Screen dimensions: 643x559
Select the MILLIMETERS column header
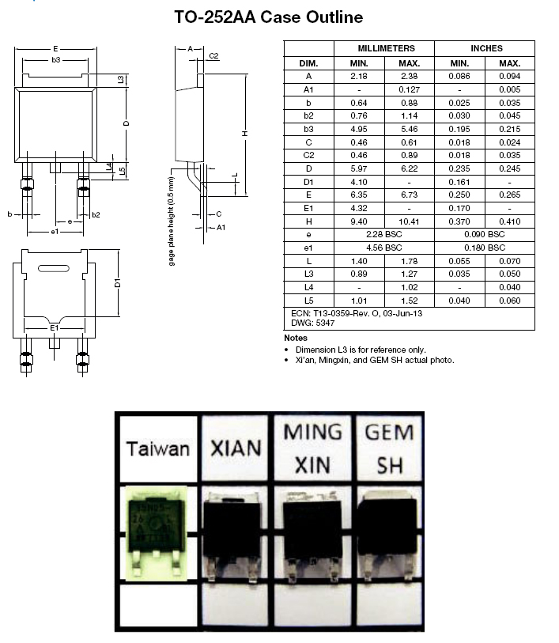pos(384,48)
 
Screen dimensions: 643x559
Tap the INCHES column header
pos(485,48)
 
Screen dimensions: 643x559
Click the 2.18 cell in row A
pos(359,76)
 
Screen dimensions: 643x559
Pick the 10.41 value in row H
pos(409,221)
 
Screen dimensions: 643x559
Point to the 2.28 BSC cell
pos(384,235)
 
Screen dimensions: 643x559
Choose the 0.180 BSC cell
pos(485,248)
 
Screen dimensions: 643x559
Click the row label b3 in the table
pos(308,129)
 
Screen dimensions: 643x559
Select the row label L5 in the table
pos(308,301)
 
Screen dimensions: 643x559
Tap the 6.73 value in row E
pos(409,195)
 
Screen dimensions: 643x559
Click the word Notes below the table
pos(295,338)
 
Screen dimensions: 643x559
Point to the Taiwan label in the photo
pos(158,448)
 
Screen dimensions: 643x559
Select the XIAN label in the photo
pos(236,448)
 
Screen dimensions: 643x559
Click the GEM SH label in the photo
pos(387,448)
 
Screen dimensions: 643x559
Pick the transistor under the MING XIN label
pos(312,534)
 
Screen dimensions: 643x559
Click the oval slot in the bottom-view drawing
pos(53,269)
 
